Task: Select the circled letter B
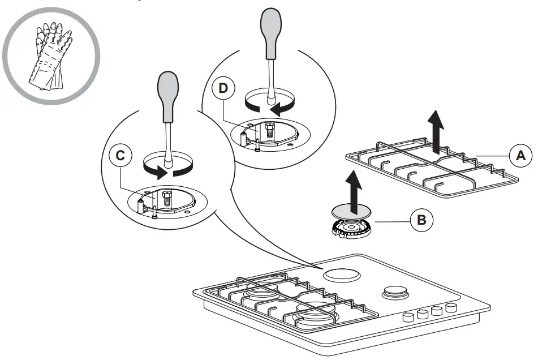click(x=420, y=220)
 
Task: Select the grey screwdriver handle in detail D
click(x=270, y=31)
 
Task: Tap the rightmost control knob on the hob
click(x=451, y=307)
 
